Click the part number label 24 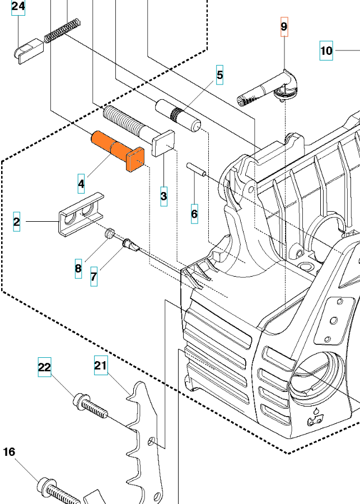[x=18, y=7]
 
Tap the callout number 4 [x=82, y=183]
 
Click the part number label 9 [x=284, y=26]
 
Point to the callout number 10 [x=326, y=51]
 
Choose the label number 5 [x=219, y=74]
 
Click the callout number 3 [x=163, y=197]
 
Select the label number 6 [x=194, y=214]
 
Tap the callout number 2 [x=17, y=222]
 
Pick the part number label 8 [x=78, y=269]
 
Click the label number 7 [x=93, y=277]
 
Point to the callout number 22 [x=44, y=367]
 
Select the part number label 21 [x=100, y=366]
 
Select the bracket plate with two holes [x=81, y=214]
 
